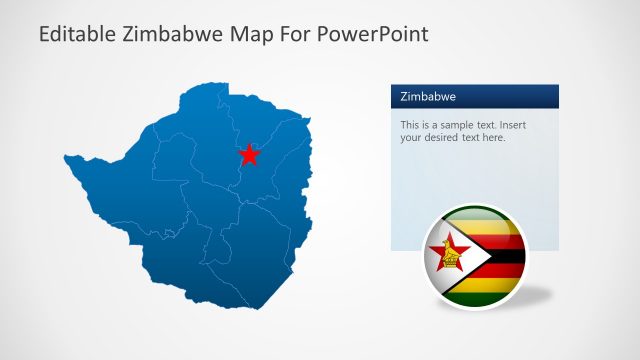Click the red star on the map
pos(249,154)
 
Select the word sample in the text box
pos(455,125)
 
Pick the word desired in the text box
pos(446,138)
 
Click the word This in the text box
pos(411,125)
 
